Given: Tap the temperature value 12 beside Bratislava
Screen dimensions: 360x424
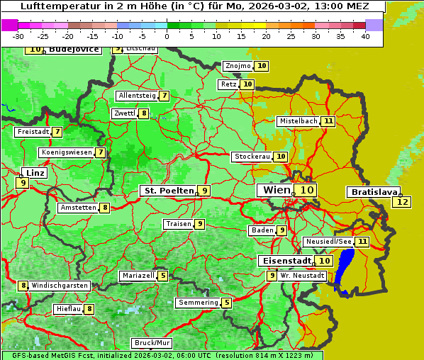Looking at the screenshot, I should click(402, 202).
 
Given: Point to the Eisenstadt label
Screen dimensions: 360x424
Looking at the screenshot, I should click(284, 261).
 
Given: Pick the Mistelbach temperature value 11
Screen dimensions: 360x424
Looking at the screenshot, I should click(328, 121).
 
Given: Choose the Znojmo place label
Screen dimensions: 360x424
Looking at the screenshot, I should click(238, 66).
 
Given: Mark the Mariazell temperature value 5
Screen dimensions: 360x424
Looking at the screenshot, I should click(163, 276).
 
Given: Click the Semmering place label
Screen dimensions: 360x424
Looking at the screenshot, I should click(199, 303).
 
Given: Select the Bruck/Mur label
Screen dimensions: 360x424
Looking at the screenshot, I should click(152, 343).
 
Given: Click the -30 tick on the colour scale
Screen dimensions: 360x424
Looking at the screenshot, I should click(18, 36).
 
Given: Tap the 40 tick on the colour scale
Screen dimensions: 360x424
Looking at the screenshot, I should click(365, 36).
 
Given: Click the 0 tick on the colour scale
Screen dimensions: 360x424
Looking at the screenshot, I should click(167, 36).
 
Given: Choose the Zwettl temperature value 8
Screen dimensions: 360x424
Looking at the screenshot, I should click(144, 113).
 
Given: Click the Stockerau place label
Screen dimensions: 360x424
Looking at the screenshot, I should click(252, 157).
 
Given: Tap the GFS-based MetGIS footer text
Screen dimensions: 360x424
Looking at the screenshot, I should click(50, 355).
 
